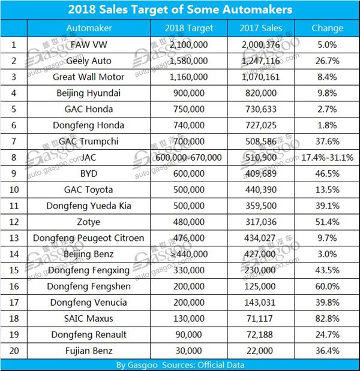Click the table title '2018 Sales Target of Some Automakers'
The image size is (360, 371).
180,10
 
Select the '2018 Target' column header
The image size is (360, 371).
191,28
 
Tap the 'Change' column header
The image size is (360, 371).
328,28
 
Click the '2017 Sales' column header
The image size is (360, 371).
260,28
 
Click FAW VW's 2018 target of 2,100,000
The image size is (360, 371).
191,44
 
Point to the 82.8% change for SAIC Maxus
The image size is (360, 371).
328,319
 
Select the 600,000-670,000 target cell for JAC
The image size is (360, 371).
191,157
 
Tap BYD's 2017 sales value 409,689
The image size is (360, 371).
260,173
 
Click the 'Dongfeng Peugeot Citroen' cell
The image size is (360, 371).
89,238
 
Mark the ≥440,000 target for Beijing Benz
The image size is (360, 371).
191,254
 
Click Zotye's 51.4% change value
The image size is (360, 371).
328,222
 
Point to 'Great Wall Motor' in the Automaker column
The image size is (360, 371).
89,76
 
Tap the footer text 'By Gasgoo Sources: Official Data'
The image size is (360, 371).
180,364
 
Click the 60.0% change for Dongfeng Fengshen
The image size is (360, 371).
328,286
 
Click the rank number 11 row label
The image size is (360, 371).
13,206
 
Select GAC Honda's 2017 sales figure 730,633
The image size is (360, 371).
260,108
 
